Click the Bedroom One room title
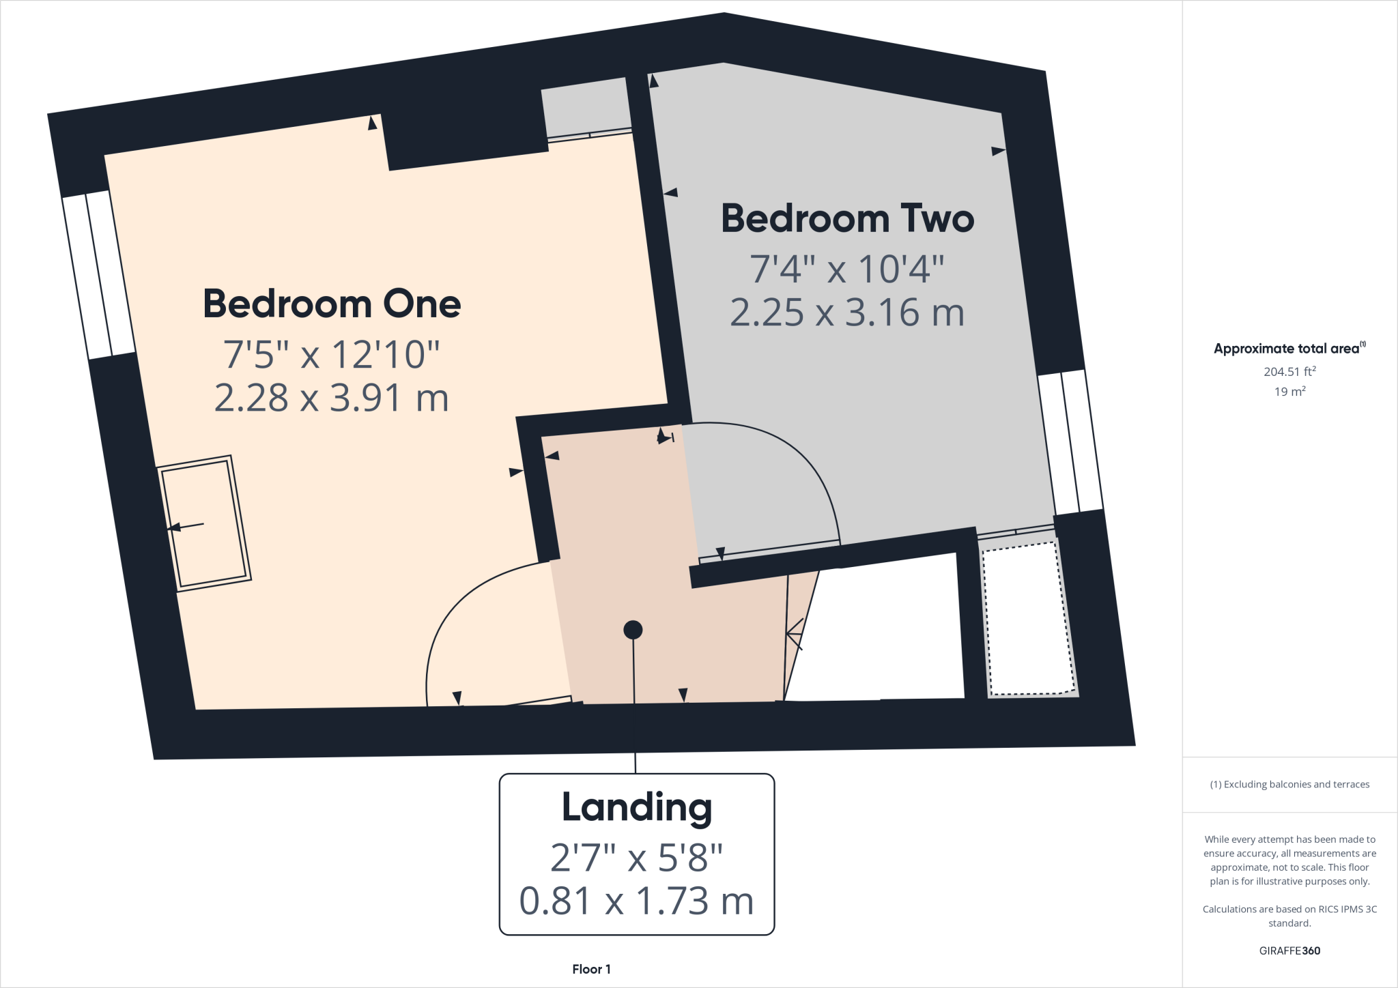[332, 304]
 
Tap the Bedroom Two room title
[847, 219]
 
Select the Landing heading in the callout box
[636, 808]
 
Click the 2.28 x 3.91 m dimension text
[332, 398]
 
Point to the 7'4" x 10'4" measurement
[847, 269]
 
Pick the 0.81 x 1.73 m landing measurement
[636, 901]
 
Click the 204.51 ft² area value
[1289, 372]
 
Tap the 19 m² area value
[1289, 392]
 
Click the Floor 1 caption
[591, 969]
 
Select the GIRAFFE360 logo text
[1289, 950]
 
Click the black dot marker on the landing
[633, 630]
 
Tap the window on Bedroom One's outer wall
[99, 275]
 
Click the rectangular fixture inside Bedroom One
[204, 523]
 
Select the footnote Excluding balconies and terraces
[1289, 785]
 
